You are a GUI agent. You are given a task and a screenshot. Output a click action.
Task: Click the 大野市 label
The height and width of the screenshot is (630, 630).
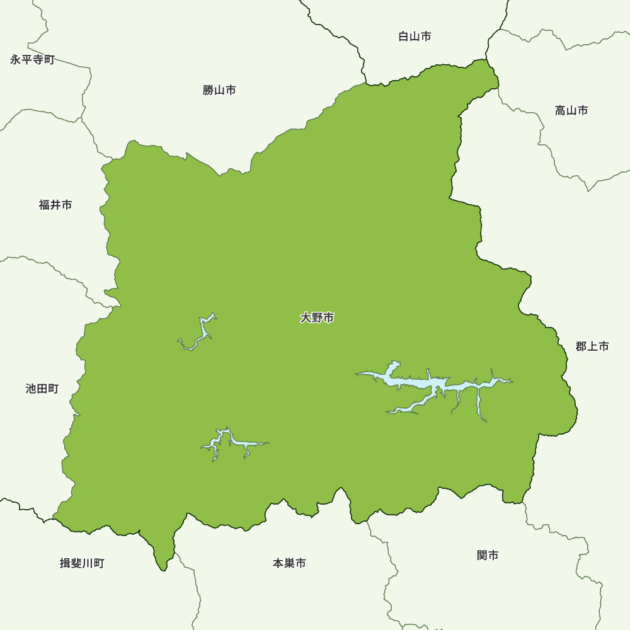coord(317,318)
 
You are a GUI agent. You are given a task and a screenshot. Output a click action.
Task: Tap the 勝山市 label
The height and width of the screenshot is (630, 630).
coord(219,90)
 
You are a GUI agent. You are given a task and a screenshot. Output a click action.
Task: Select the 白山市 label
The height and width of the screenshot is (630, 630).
coord(415,37)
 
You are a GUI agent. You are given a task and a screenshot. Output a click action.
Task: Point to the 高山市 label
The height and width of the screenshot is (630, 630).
coord(571,111)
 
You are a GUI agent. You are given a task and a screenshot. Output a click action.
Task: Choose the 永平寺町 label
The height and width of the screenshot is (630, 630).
coord(33,60)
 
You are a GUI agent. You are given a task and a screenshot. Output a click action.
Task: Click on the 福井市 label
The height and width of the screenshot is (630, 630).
coord(55,205)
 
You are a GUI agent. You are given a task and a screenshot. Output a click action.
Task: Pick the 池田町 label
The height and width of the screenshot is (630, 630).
coord(42,389)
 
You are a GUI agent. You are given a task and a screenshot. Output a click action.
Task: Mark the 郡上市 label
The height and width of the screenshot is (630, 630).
coord(592,346)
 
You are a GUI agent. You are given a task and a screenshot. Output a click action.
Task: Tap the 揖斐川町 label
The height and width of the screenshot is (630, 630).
coord(82,563)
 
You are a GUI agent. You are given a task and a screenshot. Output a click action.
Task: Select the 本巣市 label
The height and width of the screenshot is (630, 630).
coord(289,563)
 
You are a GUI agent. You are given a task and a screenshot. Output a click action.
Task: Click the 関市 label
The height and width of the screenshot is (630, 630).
coord(488,555)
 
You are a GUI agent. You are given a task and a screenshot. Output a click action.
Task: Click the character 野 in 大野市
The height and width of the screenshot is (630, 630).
coord(317,318)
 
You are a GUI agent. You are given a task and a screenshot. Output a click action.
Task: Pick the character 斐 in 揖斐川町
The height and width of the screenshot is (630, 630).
coord(76,563)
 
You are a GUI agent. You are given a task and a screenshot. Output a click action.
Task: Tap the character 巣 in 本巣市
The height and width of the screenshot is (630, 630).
coord(289,563)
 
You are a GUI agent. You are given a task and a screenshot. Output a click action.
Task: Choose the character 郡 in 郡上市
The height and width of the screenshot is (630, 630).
coord(581,346)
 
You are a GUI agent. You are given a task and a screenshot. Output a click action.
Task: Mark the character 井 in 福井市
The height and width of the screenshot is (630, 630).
coord(55,205)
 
